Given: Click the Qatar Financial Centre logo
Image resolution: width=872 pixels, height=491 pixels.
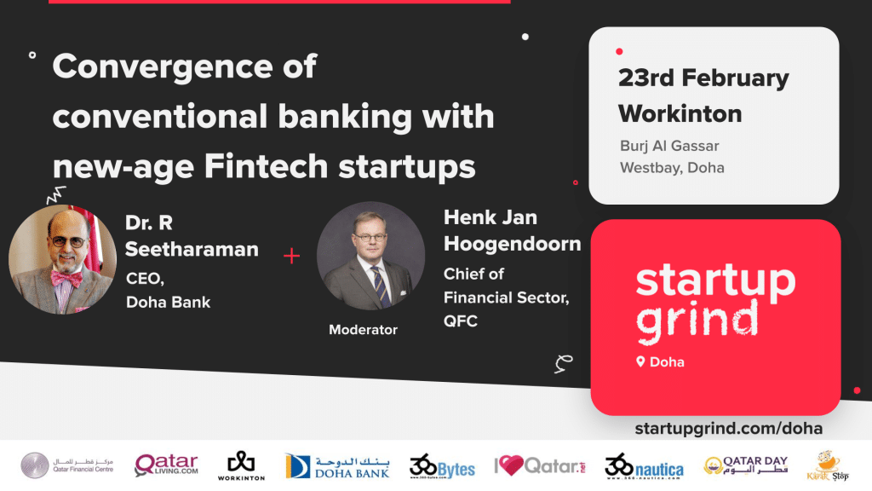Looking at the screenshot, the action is pyautogui.click(x=66, y=465).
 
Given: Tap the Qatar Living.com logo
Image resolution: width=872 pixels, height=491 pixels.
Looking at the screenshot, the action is pyautogui.click(x=166, y=465).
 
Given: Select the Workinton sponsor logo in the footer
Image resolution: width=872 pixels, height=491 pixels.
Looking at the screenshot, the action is pyautogui.click(x=241, y=465).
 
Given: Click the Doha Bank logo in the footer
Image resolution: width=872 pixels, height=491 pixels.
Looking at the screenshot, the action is pyautogui.click(x=337, y=466).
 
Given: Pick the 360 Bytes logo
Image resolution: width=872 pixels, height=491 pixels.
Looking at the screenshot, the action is pyautogui.click(x=442, y=466).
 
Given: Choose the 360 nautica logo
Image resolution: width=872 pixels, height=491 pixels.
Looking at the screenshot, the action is pyautogui.click(x=644, y=466).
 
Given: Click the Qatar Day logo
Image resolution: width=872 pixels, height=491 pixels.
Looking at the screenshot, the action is pyautogui.click(x=746, y=465).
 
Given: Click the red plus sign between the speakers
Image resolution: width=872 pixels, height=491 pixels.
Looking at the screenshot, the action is pyautogui.click(x=291, y=256).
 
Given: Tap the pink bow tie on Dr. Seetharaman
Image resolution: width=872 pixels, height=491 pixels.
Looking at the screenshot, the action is pyautogui.click(x=66, y=278).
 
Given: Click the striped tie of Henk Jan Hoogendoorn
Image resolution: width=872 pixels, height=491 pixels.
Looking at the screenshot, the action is pyautogui.click(x=381, y=286).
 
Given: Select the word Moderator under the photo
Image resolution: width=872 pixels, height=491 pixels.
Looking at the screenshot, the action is pyautogui.click(x=363, y=330).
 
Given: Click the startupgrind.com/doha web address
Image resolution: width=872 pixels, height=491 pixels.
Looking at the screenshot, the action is pyautogui.click(x=729, y=428).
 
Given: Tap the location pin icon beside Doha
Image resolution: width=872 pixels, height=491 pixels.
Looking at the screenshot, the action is pyautogui.click(x=640, y=361).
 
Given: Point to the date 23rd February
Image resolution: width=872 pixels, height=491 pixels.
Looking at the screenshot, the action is pyautogui.click(x=703, y=78).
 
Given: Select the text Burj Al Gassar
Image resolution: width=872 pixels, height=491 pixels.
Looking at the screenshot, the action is pyautogui.click(x=669, y=146).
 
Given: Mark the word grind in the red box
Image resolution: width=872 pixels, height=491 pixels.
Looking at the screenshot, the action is pyautogui.click(x=697, y=321).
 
